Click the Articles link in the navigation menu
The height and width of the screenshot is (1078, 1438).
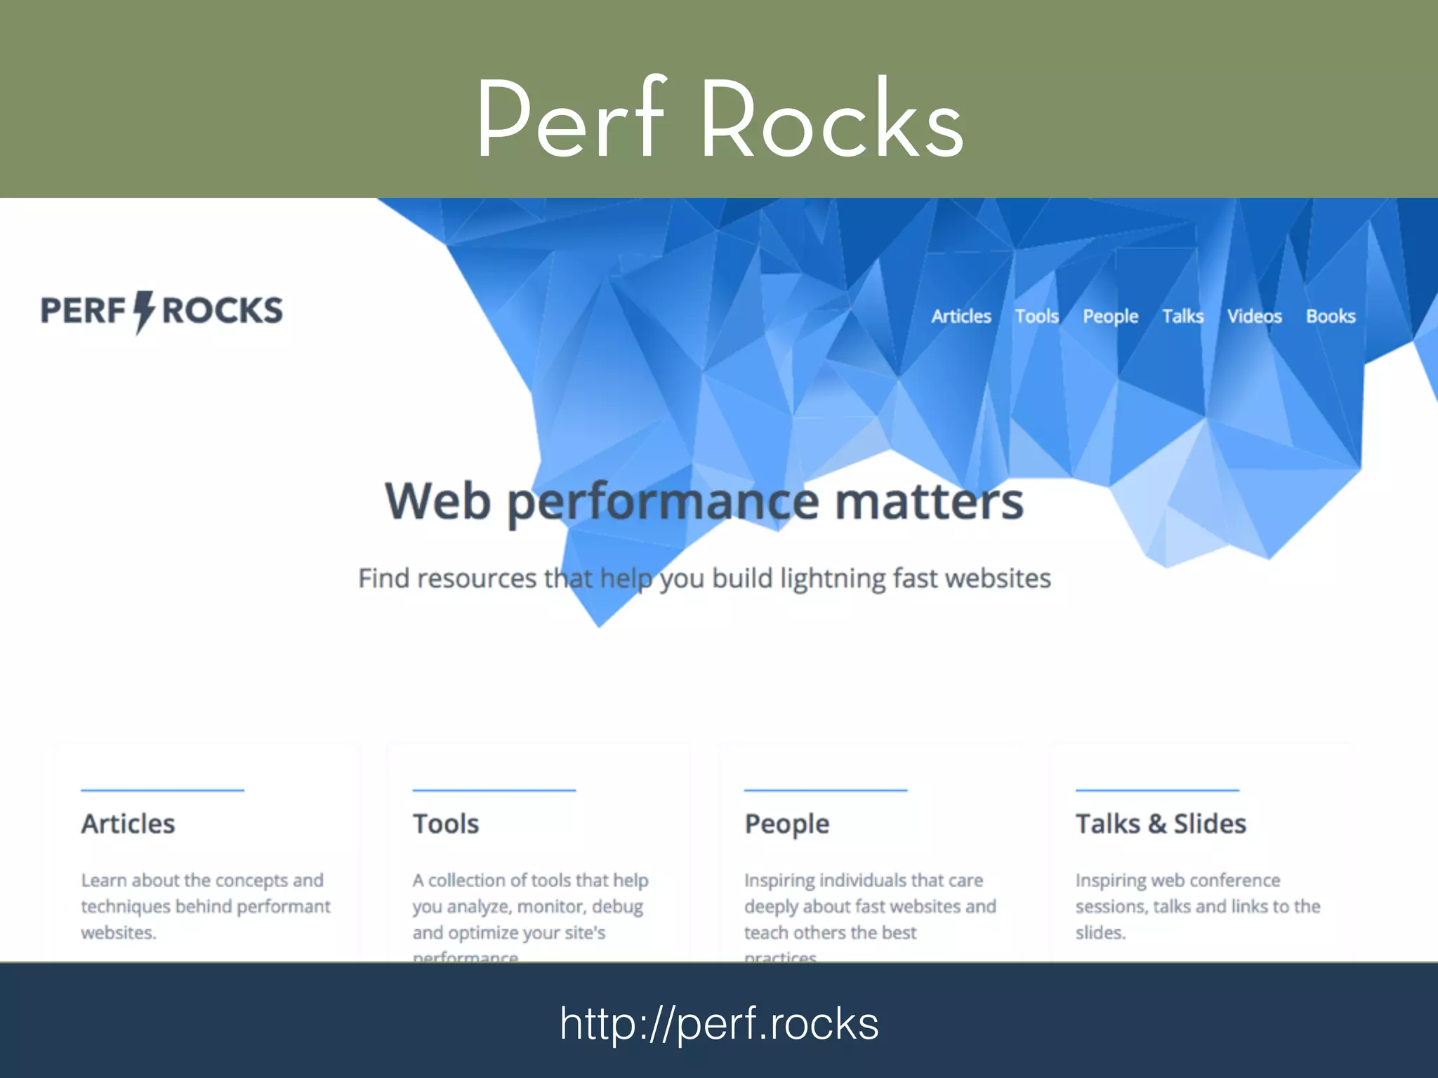point(961,317)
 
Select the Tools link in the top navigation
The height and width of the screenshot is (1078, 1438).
point(1036,317)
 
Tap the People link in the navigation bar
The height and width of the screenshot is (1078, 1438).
point(1110,317)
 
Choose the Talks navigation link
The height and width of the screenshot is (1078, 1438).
point(1182,317)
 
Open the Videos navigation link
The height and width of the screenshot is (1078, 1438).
point(1254,317)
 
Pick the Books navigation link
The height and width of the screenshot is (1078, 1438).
point(1331,317)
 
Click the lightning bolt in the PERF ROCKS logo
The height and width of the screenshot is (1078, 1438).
point(143,312)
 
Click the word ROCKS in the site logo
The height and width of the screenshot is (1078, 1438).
point(222,311)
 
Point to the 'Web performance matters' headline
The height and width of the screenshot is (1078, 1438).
point(704,501)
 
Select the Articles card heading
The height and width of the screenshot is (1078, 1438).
point(128,824)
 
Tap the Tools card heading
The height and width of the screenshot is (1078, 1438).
point(446,824)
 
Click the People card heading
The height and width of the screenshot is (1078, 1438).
point(786,824)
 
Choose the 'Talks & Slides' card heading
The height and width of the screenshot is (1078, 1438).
point(1161,824)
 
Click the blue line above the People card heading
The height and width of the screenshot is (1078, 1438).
point(826,790)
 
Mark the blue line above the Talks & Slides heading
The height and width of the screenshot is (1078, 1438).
point(1157,790)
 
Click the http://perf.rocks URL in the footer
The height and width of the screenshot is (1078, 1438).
point(719,1023)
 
